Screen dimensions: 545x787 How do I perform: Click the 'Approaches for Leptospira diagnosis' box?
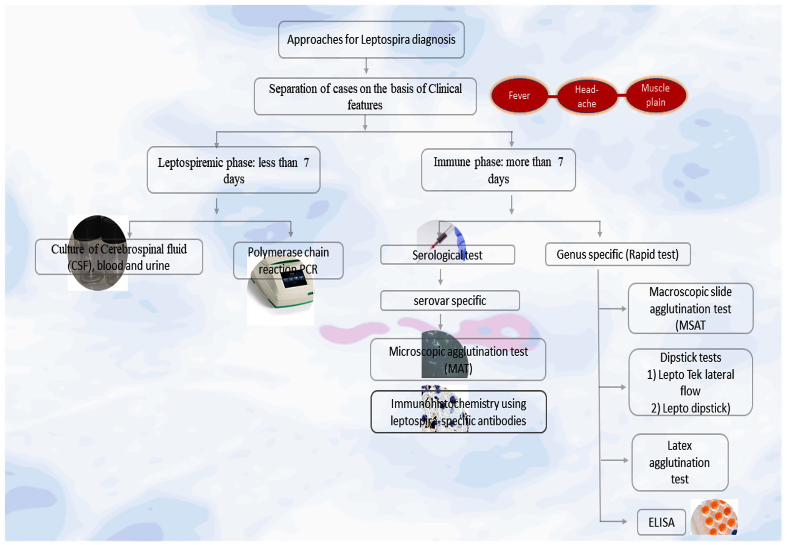(371, 40)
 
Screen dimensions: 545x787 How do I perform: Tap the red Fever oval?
(519, 96)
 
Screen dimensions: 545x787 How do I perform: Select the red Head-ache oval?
(586, 96)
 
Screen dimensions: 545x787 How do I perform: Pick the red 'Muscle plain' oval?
(655, 95)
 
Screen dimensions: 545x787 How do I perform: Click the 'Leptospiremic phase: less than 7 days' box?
(233, 170)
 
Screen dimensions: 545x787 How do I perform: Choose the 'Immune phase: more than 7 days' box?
(498, 170)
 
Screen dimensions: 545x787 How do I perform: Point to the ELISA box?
(661, 522)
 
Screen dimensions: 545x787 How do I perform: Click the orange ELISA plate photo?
(714, 517)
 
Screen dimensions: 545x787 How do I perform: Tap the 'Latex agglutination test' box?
(679, 462)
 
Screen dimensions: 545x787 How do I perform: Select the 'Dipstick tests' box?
(690, 383)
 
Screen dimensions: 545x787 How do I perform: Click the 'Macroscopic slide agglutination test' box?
(690, 308)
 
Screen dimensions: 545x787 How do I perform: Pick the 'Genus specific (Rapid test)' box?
(618, 254)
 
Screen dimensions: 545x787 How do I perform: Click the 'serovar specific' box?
(450, 301)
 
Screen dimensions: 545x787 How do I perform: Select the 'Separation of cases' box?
(365, 96)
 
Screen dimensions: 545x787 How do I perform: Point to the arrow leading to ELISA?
(615, 521)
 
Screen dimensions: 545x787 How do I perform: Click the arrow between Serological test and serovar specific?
(440, 277)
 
